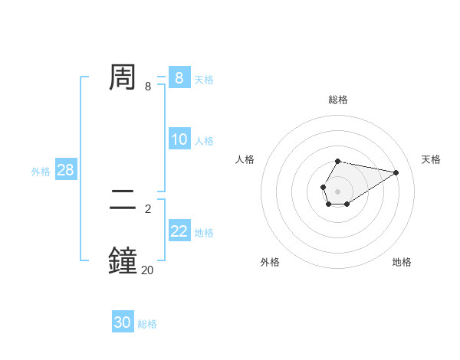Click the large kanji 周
tap(123, 77)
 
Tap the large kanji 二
tap(123, 201)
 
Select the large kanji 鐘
tap(123, 260)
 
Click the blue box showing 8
tap(179, 77)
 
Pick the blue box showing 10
tap(179, 139)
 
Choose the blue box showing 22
tap(179, 231)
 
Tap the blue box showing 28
tap(65, 170)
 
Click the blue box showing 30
tap(123, 322)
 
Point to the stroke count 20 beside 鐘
tap(147, 269)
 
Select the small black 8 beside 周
tap(148, 86)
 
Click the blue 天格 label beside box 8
tap(204, 79)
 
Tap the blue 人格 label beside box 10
tap(204, 141)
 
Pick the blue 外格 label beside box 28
tap(41, 172)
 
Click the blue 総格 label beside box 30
tap(147, 324)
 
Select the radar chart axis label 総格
tap(337, 100)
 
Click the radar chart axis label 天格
tap(431, 159)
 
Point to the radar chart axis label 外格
tap(270, 262)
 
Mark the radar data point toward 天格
tap(396, 172)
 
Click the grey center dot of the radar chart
tap(337, 190)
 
